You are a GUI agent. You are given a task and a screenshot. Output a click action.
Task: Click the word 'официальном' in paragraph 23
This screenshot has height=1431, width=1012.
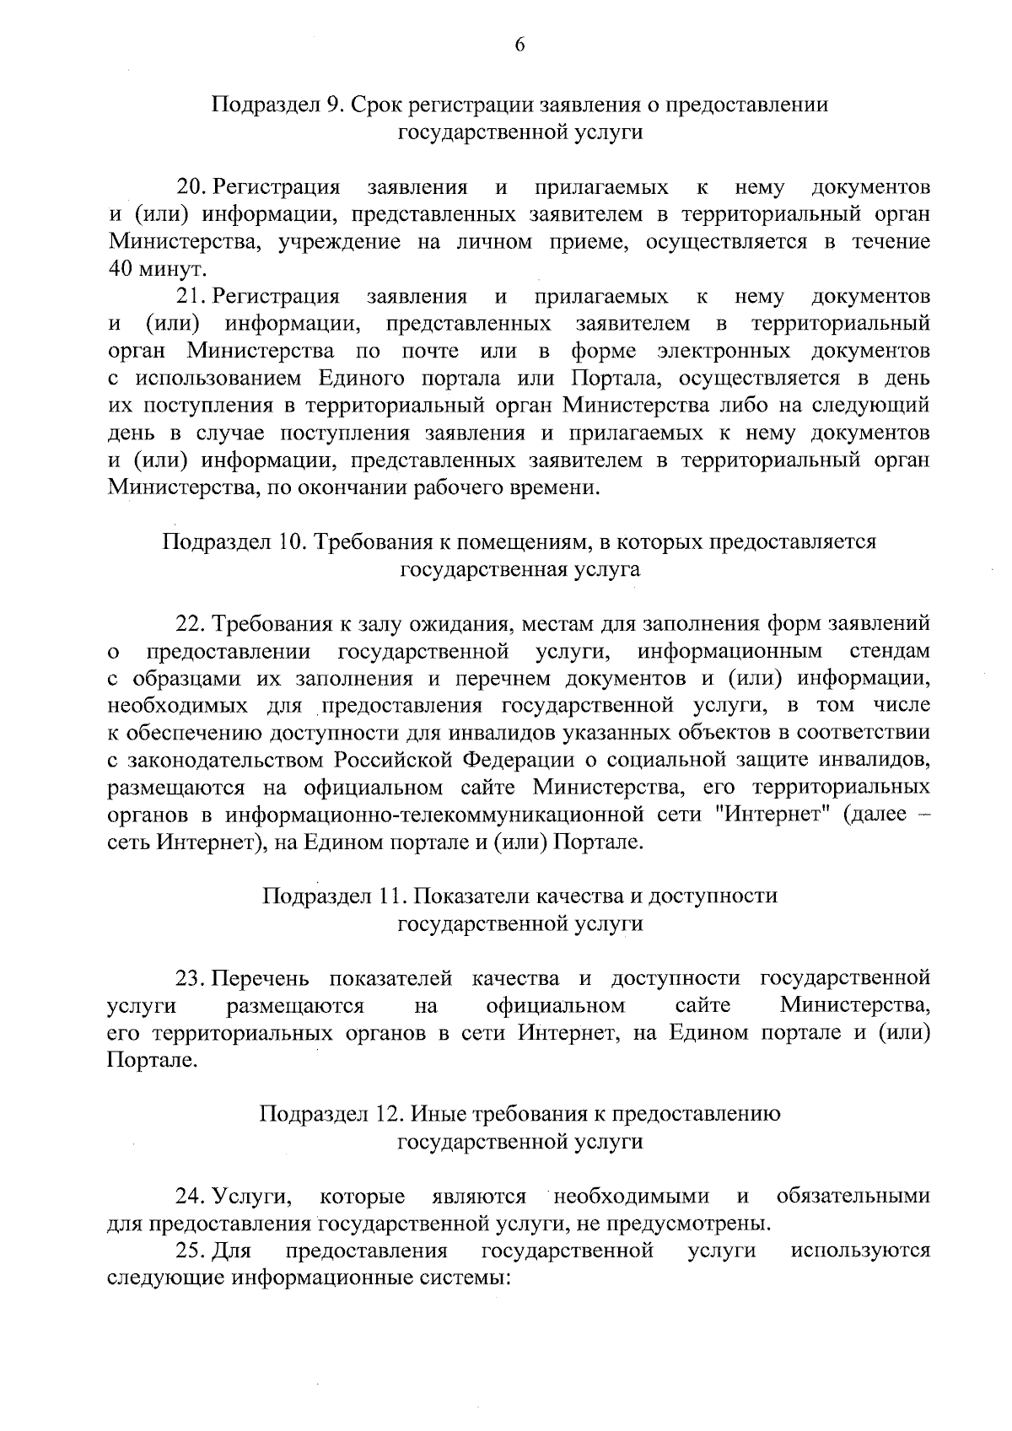556,1006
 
